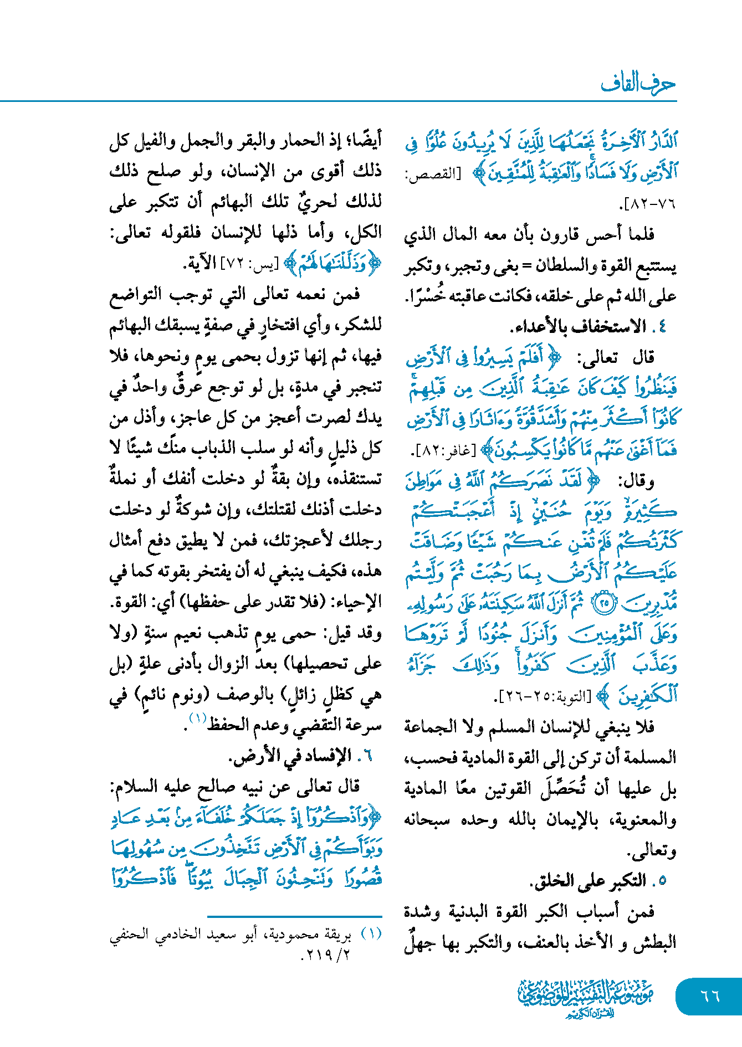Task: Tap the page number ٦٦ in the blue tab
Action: tap(710, 995)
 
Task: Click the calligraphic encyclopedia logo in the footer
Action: tap(585, 998)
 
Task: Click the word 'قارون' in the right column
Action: tap(559, 234)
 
